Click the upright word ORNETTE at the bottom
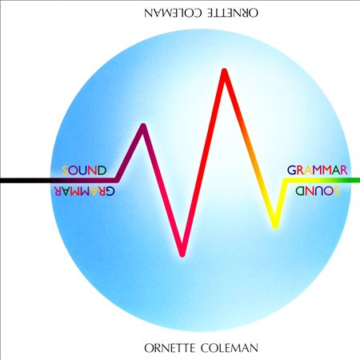pyautogui.click(x=170, y=348)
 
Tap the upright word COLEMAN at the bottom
pyautogui.click(x=230, y=348)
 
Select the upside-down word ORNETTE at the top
pyautogui.click(x=233, y=13)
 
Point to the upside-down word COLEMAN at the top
pyautogui.click(x=173, y=13)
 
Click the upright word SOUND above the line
pyautogui.click(x=84, y=170)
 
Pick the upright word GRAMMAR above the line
pyautogui.click(x=318, y=170)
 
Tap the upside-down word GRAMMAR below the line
pyautogui.click(x=84, y=190)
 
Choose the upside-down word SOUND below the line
pyautogui.click(x=318, y=190)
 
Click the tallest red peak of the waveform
pyautogui.click(x=225, y=71)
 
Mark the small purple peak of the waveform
pyautogui.click(x=143, y=126)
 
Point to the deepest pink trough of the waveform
pyautogui.click(x=182, y=254)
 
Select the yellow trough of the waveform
pyautogui.click(x=275, y=226)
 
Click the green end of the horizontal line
pyautogui.click(x=358, y=180)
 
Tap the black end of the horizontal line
pyautogui.click(x=2, y=181)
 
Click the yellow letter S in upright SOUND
pyautogui.click(x=65, y=170)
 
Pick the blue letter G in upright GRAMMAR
pyautogui.click(x=291, y=170)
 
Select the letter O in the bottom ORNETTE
pyautogui.click(x=148, y=348)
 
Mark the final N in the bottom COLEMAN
pyautogui.click(x=254, y=348)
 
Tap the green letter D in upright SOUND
pyautogui.click(x=102, y=170)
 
